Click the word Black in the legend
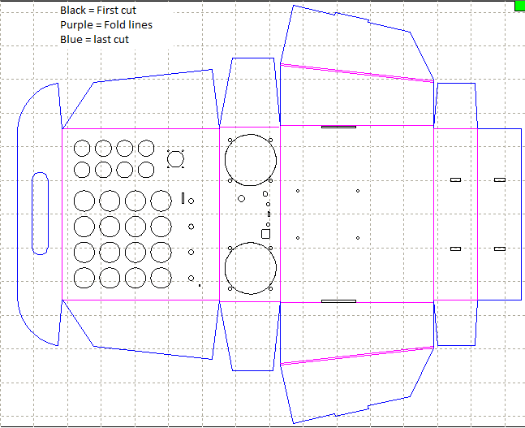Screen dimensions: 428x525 [x=73, y=11]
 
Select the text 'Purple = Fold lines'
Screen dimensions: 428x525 [x=105, y=25]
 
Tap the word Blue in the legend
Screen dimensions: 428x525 [x=71, y=40]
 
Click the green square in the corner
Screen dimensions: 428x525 [x=519, y=6]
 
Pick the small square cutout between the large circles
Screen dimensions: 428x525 [x=265, y=234]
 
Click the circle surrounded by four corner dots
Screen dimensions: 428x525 [x=175, y=159]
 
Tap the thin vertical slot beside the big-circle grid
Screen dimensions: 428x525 [x=183, y=197]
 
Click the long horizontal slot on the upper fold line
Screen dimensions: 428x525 [x=338, y=127]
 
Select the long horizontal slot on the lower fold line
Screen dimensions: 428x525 [x=338, y=300]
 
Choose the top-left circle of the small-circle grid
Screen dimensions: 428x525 [x=82, y=149]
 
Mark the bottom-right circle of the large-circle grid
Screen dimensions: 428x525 [x=161, y=278]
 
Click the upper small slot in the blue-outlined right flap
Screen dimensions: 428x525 [x=499, y=179]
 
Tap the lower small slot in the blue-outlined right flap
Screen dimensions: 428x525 [x=499, y=248]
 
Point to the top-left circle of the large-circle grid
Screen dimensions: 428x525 [x=84, y=201]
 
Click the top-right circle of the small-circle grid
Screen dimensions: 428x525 [x=145, y=149]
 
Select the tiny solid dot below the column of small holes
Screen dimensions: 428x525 [x=200, y=285]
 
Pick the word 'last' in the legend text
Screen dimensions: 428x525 [x=100, y=40]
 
